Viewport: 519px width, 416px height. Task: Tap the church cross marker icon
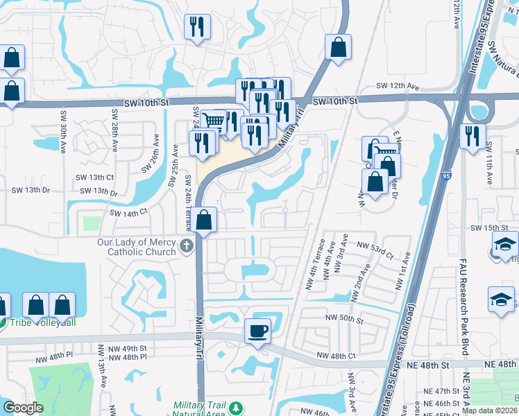[x=185, y=245]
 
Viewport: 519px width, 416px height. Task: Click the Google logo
[x=23, y=408]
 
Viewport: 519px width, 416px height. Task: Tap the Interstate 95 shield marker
[x=444, y=177]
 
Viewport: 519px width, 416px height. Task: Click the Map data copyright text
[x=488, y=410]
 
